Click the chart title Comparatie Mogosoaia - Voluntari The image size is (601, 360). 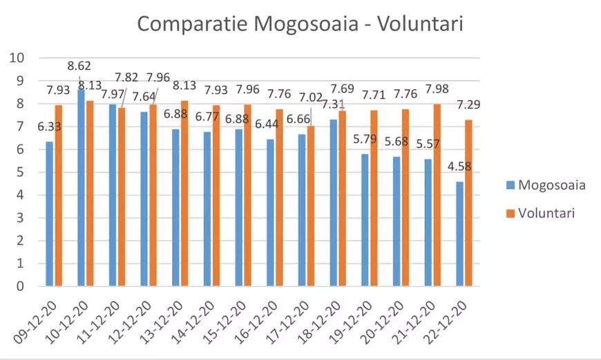tap(300, 23)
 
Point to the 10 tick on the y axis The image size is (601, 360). tap(17, 58)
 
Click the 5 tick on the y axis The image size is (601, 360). tap(20, 172)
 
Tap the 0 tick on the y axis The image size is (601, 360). tap(20, 286)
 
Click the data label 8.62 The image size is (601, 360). tap(80, 67)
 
